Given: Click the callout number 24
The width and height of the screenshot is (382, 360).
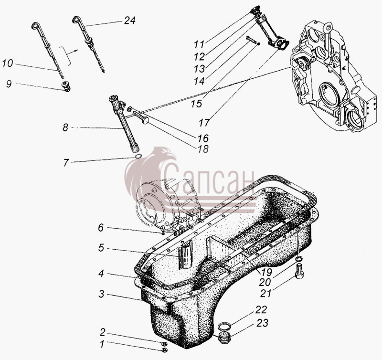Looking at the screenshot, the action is pyautogui.click(x=129, y=21).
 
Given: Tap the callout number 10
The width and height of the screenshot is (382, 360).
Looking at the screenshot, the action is pyautogui.click(x=8, y=64).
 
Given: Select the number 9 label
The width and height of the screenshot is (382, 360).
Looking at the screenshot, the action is pyautogui.click(x=9, y=84).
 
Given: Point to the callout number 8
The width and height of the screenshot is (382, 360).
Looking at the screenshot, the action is pyautogui.click(x=65, y=127).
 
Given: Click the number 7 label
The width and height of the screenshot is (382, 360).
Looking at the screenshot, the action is pyautogui.click(x=66, y=162).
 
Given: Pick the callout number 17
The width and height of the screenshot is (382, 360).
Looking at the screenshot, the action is pyautogui.click(x=204, y=123).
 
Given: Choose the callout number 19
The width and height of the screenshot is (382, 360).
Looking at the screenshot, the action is pyautogui.click(x=267, y=272).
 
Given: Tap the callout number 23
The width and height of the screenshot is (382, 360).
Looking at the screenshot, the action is pyautogui.click(x=262, y=323).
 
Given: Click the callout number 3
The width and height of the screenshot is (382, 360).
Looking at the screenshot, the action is pyautogui.click(x=101, y=294).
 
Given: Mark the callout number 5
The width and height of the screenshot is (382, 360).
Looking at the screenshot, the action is pyautogui.click(x=101, y=248).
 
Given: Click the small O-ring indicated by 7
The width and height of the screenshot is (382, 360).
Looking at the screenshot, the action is pyautogui.click(x=138, y=156).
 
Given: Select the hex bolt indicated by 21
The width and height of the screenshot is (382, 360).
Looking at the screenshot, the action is pyautogui.click(x=299, y=272).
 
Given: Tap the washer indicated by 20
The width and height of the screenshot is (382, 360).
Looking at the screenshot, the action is pyautogui.click(x=300, y=259).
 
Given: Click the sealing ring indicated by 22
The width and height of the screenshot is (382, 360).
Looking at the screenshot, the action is pyautogui.click(x=223, y=326).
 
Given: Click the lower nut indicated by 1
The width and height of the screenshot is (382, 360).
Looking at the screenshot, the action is pyautogui.click(x=164, y=350).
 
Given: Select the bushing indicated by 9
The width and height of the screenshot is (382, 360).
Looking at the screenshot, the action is pyautogui.click(x=66, y=87).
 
